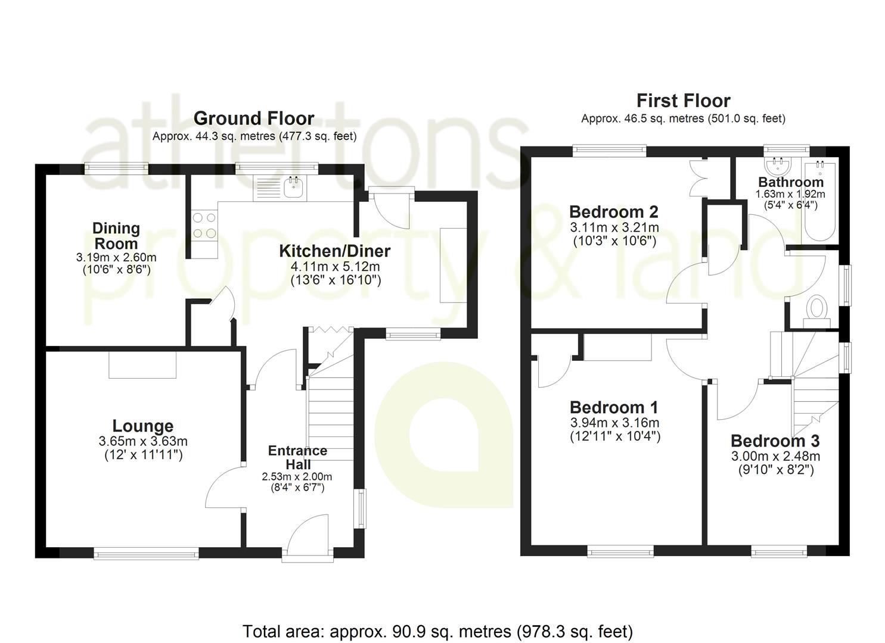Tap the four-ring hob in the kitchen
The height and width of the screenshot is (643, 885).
tap(204, 226)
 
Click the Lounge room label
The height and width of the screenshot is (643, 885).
tap(143, 426)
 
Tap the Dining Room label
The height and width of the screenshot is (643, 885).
tap(116, 236)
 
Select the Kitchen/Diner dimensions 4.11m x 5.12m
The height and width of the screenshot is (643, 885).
tap(335, 267)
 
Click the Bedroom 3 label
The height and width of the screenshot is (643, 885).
tap(775, 441)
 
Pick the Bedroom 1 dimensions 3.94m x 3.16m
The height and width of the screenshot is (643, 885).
tap(615, 423)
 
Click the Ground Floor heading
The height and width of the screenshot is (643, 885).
tap(254, 118)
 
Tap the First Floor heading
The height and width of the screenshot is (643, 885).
tap(684, 101)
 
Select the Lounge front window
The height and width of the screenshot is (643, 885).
tap(146, 553)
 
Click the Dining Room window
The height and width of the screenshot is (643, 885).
tap(117, 169)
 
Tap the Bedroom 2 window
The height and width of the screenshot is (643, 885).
tap(610, 151)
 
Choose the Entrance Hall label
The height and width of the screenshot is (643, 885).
tap(298, 457)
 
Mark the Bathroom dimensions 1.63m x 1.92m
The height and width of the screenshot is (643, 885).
tap(790, 194)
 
